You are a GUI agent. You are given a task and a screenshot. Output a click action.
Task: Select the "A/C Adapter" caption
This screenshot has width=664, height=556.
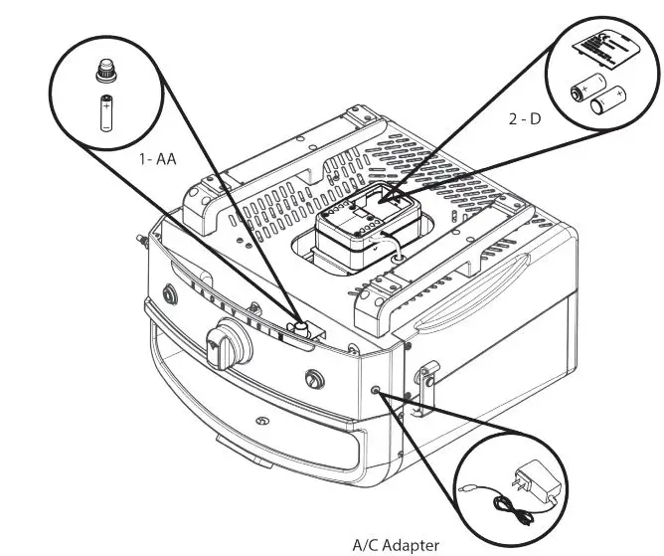395,544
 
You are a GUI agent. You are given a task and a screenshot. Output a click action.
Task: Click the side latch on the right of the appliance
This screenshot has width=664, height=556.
426,383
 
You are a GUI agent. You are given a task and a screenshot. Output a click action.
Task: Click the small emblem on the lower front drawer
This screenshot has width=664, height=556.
261,423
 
